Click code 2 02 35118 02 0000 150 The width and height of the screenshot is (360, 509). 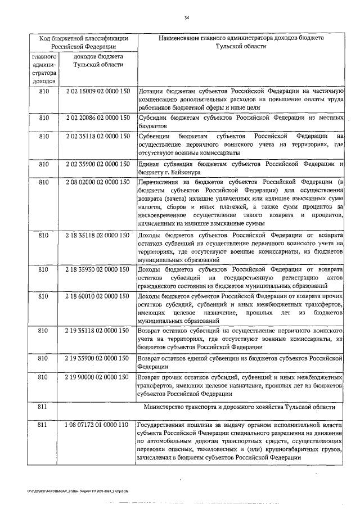pyautogui.click(x=98, y=136)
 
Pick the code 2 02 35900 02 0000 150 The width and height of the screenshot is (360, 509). pyautogui.click(x=98, y=164)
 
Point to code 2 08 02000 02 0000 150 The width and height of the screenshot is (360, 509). pyautogui.click(x=98, y=182)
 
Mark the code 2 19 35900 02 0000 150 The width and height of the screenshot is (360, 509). pyautogui.click(x=98, y=357)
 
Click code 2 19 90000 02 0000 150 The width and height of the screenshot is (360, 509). pyautogui.click(x=98, y=376)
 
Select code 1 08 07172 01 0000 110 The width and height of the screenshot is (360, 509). pyautogui.click(x=98, y=422)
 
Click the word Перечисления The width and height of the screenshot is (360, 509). pyautogui.click(x=160, y=182)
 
